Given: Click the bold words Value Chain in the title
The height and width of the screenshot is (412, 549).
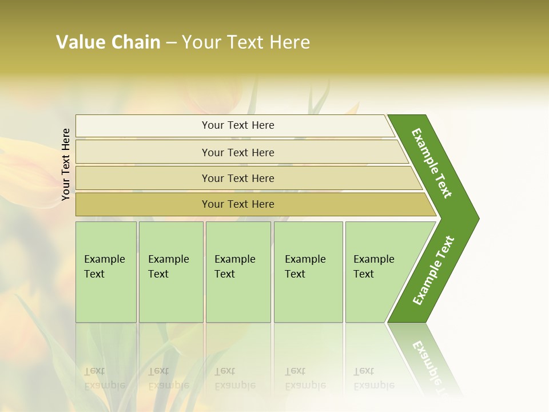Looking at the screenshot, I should coord(108,42).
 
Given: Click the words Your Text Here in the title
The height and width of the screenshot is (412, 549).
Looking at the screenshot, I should coord(246,42).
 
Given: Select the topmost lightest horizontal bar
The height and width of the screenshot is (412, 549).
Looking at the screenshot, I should coord(143,126).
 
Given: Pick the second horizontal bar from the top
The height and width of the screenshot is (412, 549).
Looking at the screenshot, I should coord(143,152).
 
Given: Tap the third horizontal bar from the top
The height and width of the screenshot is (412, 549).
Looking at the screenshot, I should coord(143,178).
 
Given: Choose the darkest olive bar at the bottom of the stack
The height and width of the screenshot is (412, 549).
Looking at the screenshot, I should coord(143,204).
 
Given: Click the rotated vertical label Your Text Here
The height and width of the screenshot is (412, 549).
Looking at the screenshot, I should coord(66,164).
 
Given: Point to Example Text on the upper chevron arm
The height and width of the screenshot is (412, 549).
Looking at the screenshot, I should coord(432,163).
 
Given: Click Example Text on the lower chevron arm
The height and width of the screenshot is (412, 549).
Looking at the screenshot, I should coord(433,270).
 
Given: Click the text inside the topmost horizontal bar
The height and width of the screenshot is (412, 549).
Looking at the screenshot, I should coord(238,125).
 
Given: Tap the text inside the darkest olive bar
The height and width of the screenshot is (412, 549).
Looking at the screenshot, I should coord(238,204).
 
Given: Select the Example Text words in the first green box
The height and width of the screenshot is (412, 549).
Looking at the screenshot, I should coord(104,267).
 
